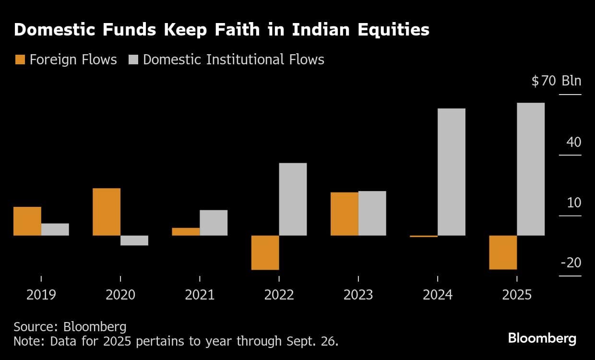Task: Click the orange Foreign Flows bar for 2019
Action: tap(27, 221)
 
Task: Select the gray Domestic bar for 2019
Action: tap(55, 229)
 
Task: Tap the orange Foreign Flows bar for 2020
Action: tap(107, 212)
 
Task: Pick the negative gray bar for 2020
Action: tap(134, 240)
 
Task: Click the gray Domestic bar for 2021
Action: tap(214, 223)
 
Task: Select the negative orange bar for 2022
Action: tap(265, 252)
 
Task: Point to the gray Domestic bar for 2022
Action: tap(293, 199)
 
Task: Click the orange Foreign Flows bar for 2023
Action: tap(345, 214)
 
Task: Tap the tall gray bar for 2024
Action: tap(452, 172)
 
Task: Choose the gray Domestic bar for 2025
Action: tap(531, 169)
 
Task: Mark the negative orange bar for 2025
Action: tap(503, 252)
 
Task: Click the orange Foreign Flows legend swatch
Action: tap(20, 60)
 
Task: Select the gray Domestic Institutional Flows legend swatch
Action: tap(133, 60)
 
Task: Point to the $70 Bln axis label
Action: tap(556, 81)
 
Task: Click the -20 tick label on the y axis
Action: tap(571, 263)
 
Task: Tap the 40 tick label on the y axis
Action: tap(573, 142)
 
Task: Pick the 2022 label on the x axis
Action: tap(279, 294)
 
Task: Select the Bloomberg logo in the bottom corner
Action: tap(542, 338)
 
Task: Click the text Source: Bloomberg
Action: tap(70, 327)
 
